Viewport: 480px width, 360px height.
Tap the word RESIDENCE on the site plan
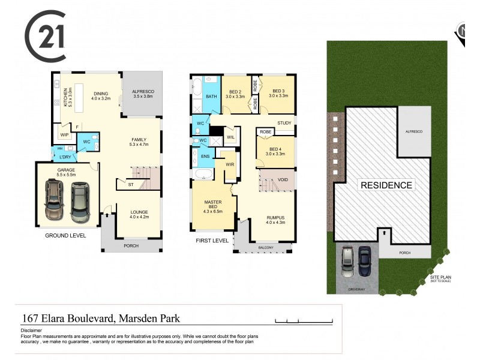click(x=386, y=185)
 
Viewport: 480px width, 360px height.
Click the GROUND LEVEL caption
click(x=65, y=236)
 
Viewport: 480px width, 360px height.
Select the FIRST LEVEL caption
click(x=212, y=240)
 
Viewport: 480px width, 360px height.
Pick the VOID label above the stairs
click(x=283, y=179)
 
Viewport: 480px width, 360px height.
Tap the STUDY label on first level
click(x=284, y=123)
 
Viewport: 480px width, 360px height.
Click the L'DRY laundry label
click(x=65, y=157)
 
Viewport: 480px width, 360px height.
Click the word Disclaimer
click(x=31, y=330)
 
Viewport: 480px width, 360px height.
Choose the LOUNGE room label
click(x=139, y=212)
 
